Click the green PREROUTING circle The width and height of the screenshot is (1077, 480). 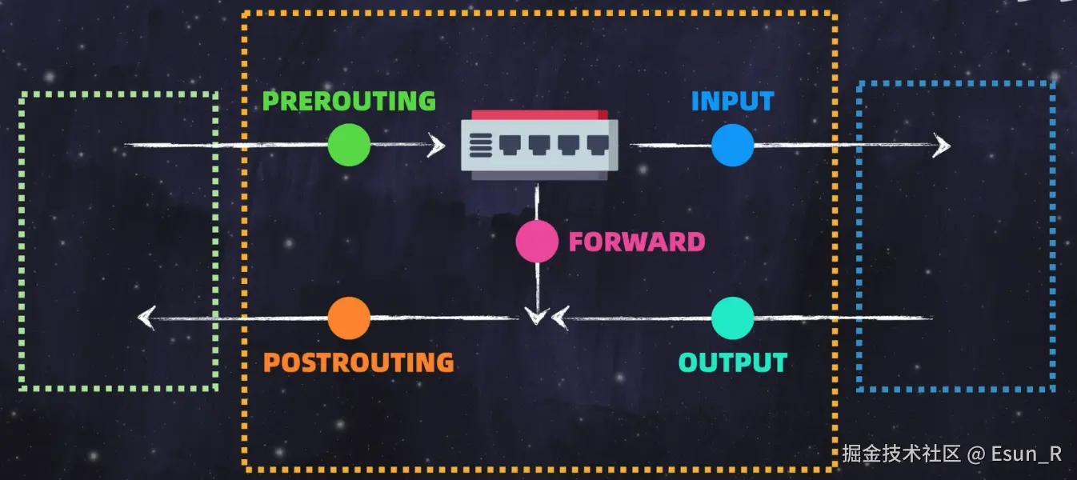(349, 146)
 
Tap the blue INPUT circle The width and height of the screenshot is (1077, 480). (733, 146)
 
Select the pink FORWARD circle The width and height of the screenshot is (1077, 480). (537, 242)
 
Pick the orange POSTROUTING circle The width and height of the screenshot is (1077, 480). (349, 318)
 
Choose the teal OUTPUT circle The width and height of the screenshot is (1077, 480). (733, 318)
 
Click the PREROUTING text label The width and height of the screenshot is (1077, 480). (349, 102)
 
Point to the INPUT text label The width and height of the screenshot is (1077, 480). (732, 102)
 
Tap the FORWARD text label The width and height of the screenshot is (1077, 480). (636, 242)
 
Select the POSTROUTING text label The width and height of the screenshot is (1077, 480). (358, 362)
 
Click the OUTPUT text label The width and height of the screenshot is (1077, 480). (733, 362)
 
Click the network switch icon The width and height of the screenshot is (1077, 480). (539, 145)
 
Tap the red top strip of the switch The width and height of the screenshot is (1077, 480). (539, 115)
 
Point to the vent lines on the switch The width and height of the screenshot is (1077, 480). (480, 146)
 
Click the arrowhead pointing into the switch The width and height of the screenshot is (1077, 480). (436, 146)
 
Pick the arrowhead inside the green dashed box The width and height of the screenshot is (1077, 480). (146, 318)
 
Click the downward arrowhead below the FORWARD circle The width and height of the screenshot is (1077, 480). (537, 316)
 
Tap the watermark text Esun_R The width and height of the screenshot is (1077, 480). (1027, 454)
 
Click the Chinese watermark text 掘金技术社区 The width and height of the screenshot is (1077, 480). (900, 454)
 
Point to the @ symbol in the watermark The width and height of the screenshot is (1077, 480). (975, 454)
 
